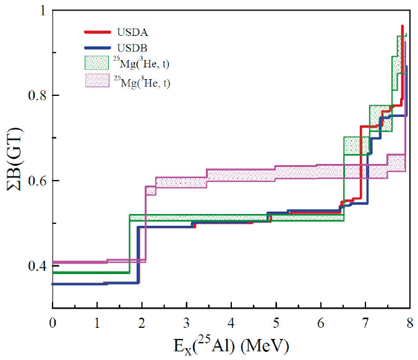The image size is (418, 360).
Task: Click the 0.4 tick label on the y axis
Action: tap(38, 266)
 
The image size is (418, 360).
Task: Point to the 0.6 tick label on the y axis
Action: tap(38, 181)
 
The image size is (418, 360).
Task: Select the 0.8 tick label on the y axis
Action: tap(38, 96)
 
